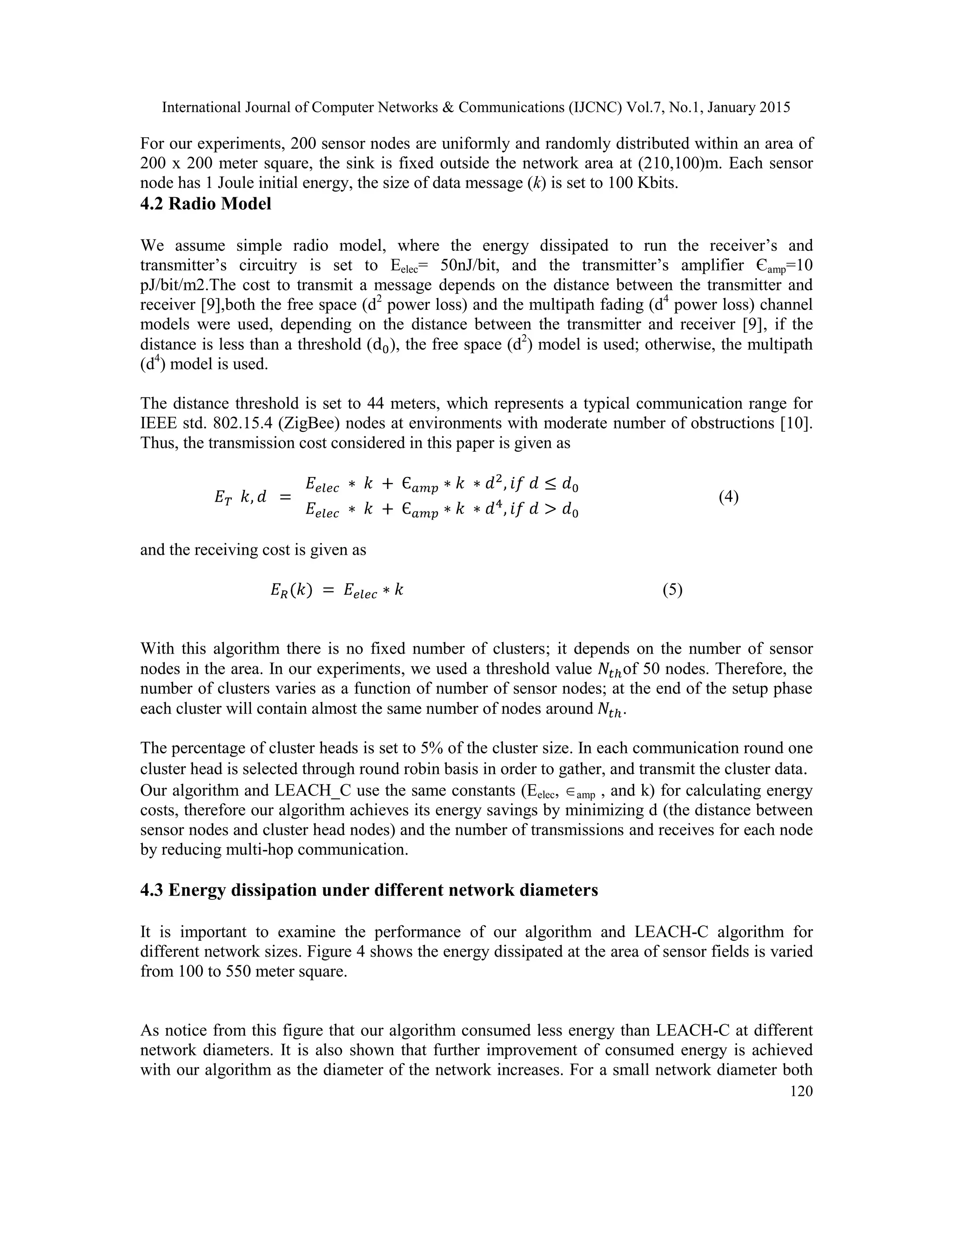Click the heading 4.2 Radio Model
point(206,204)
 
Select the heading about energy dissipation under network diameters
point(369,890)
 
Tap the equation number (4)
point(728,497)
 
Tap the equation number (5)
point(672,590)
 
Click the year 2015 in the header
point(773,107)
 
